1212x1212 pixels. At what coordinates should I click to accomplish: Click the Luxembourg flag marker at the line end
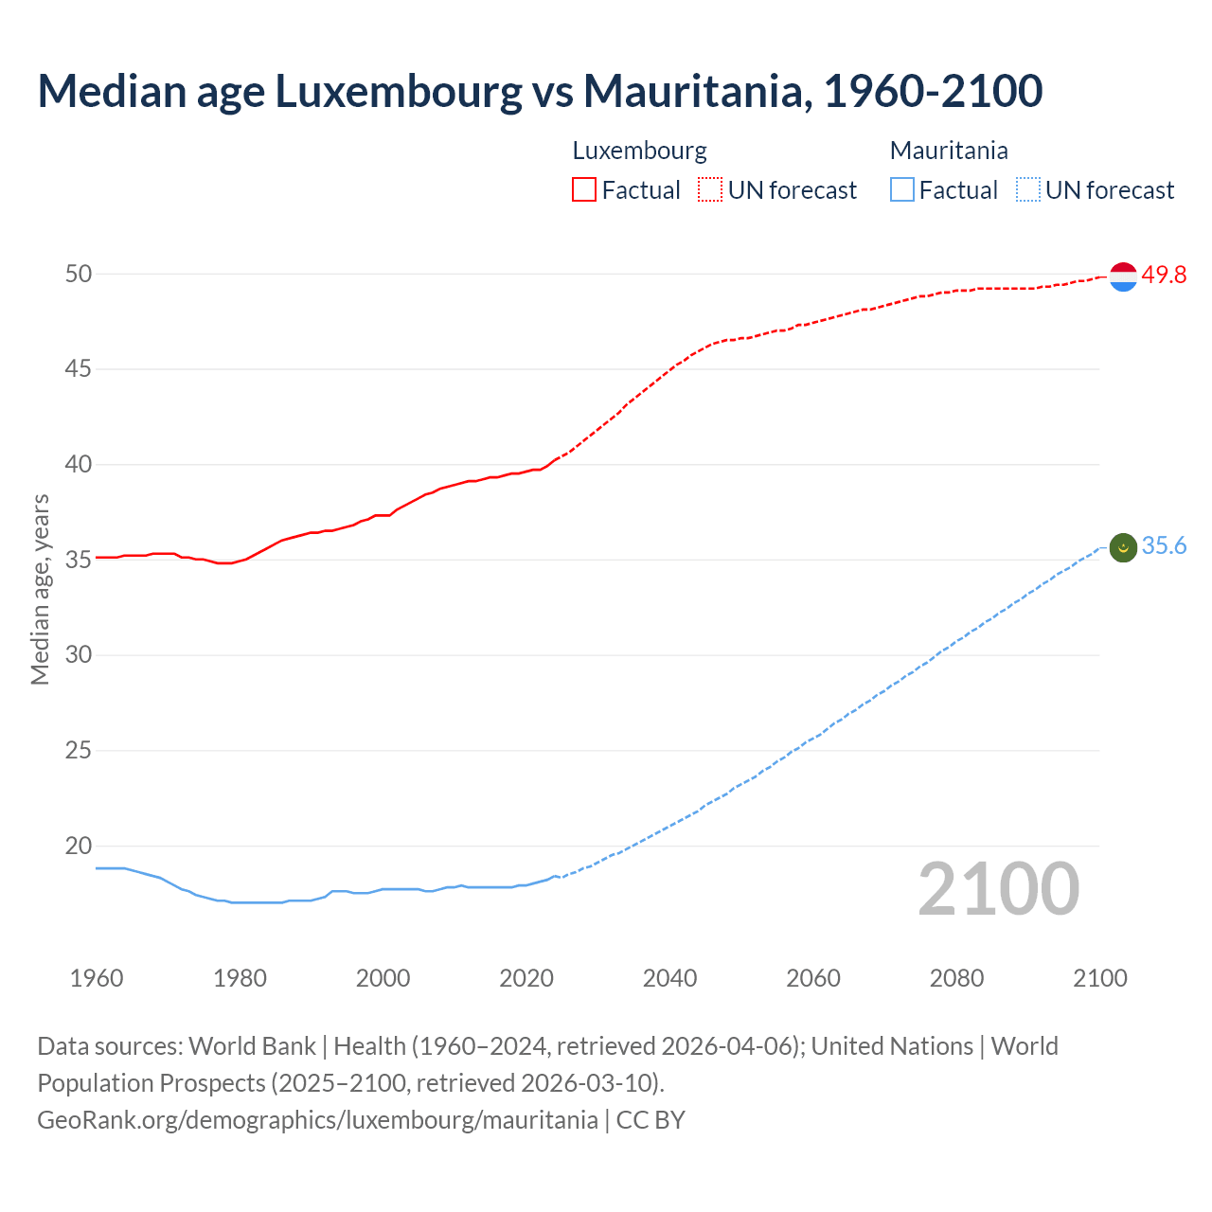(1123, 276)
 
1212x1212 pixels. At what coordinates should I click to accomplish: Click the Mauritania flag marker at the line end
(1123, 547)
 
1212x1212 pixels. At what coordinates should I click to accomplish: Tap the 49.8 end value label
(1164, 275)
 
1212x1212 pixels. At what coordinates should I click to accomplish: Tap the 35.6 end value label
(1164, 546)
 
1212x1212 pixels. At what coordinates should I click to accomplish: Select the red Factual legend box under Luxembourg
(584, 189)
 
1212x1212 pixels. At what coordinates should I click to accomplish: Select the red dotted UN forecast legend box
(710, 189)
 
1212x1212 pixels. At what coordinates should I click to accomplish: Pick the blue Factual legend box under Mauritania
(902, 189)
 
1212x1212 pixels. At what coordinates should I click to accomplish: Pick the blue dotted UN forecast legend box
(1028, 189)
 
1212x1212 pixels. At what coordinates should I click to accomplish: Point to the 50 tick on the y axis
(79, 274)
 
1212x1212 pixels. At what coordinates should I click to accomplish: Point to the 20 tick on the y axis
(79, 846)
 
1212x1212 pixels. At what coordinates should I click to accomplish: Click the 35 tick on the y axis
(79, 560)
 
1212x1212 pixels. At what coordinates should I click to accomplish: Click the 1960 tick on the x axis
(97, 978)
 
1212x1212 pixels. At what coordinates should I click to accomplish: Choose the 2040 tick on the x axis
(669, 978)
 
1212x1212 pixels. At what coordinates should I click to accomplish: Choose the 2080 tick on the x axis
(956, 978)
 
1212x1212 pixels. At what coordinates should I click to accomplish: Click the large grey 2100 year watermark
(998, 888)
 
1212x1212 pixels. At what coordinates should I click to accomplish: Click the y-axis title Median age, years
(40, 589)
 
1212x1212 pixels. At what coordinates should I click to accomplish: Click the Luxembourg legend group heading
(639, 151)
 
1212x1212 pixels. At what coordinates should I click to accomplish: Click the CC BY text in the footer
(651, 1119)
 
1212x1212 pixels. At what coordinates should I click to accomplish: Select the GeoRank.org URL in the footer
(317, 1119)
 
